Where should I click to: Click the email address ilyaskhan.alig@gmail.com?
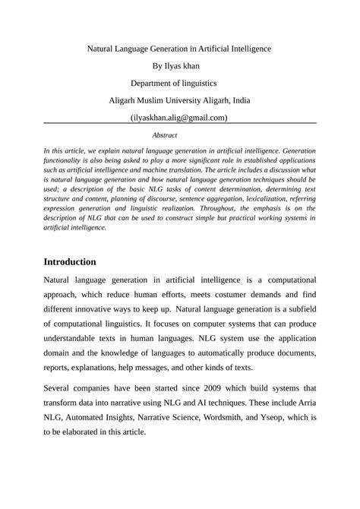tap(179, 118)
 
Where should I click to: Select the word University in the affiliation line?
tap(178, 100)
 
